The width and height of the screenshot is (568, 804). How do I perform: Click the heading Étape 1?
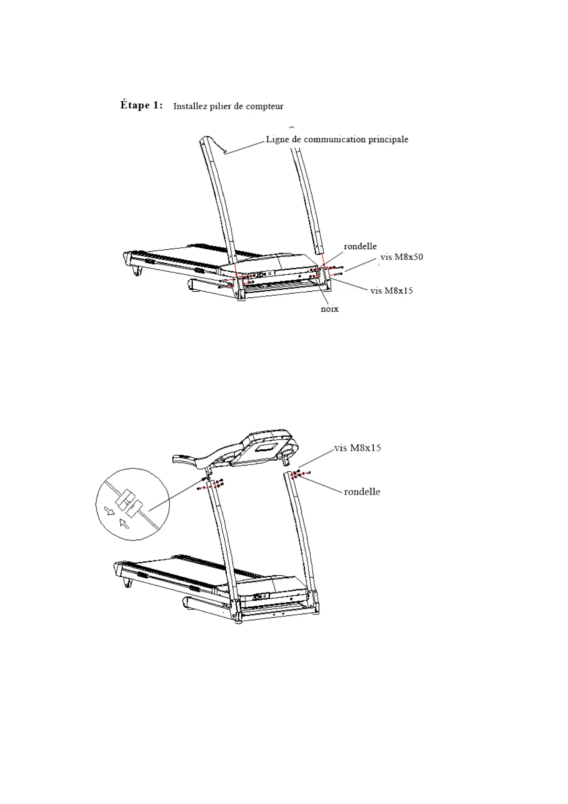(x=141, y=105)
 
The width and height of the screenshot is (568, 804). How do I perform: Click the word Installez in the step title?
(x=189, y=106)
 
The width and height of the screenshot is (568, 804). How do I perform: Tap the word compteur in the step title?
(x=265, y=106)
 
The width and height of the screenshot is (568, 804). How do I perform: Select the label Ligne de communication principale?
(x=337, y=139)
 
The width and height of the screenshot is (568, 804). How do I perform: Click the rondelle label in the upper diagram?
(x=360, y=246)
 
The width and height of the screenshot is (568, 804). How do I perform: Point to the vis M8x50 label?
(x=401, y=257)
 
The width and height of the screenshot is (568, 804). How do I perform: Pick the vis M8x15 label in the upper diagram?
(x=391, y=290)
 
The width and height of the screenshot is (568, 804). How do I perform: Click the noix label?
(x=329, y=309)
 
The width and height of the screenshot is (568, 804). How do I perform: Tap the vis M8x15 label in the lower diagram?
(x=358, y=448)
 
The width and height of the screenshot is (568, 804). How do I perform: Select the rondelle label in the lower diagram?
(x=362, y=492)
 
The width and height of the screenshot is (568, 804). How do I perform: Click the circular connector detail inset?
(x=133, y=504)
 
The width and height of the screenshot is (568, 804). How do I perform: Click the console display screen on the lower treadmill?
(x=265, y=448)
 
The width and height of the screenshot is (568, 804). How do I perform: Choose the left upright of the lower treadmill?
(x=222, y=535)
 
